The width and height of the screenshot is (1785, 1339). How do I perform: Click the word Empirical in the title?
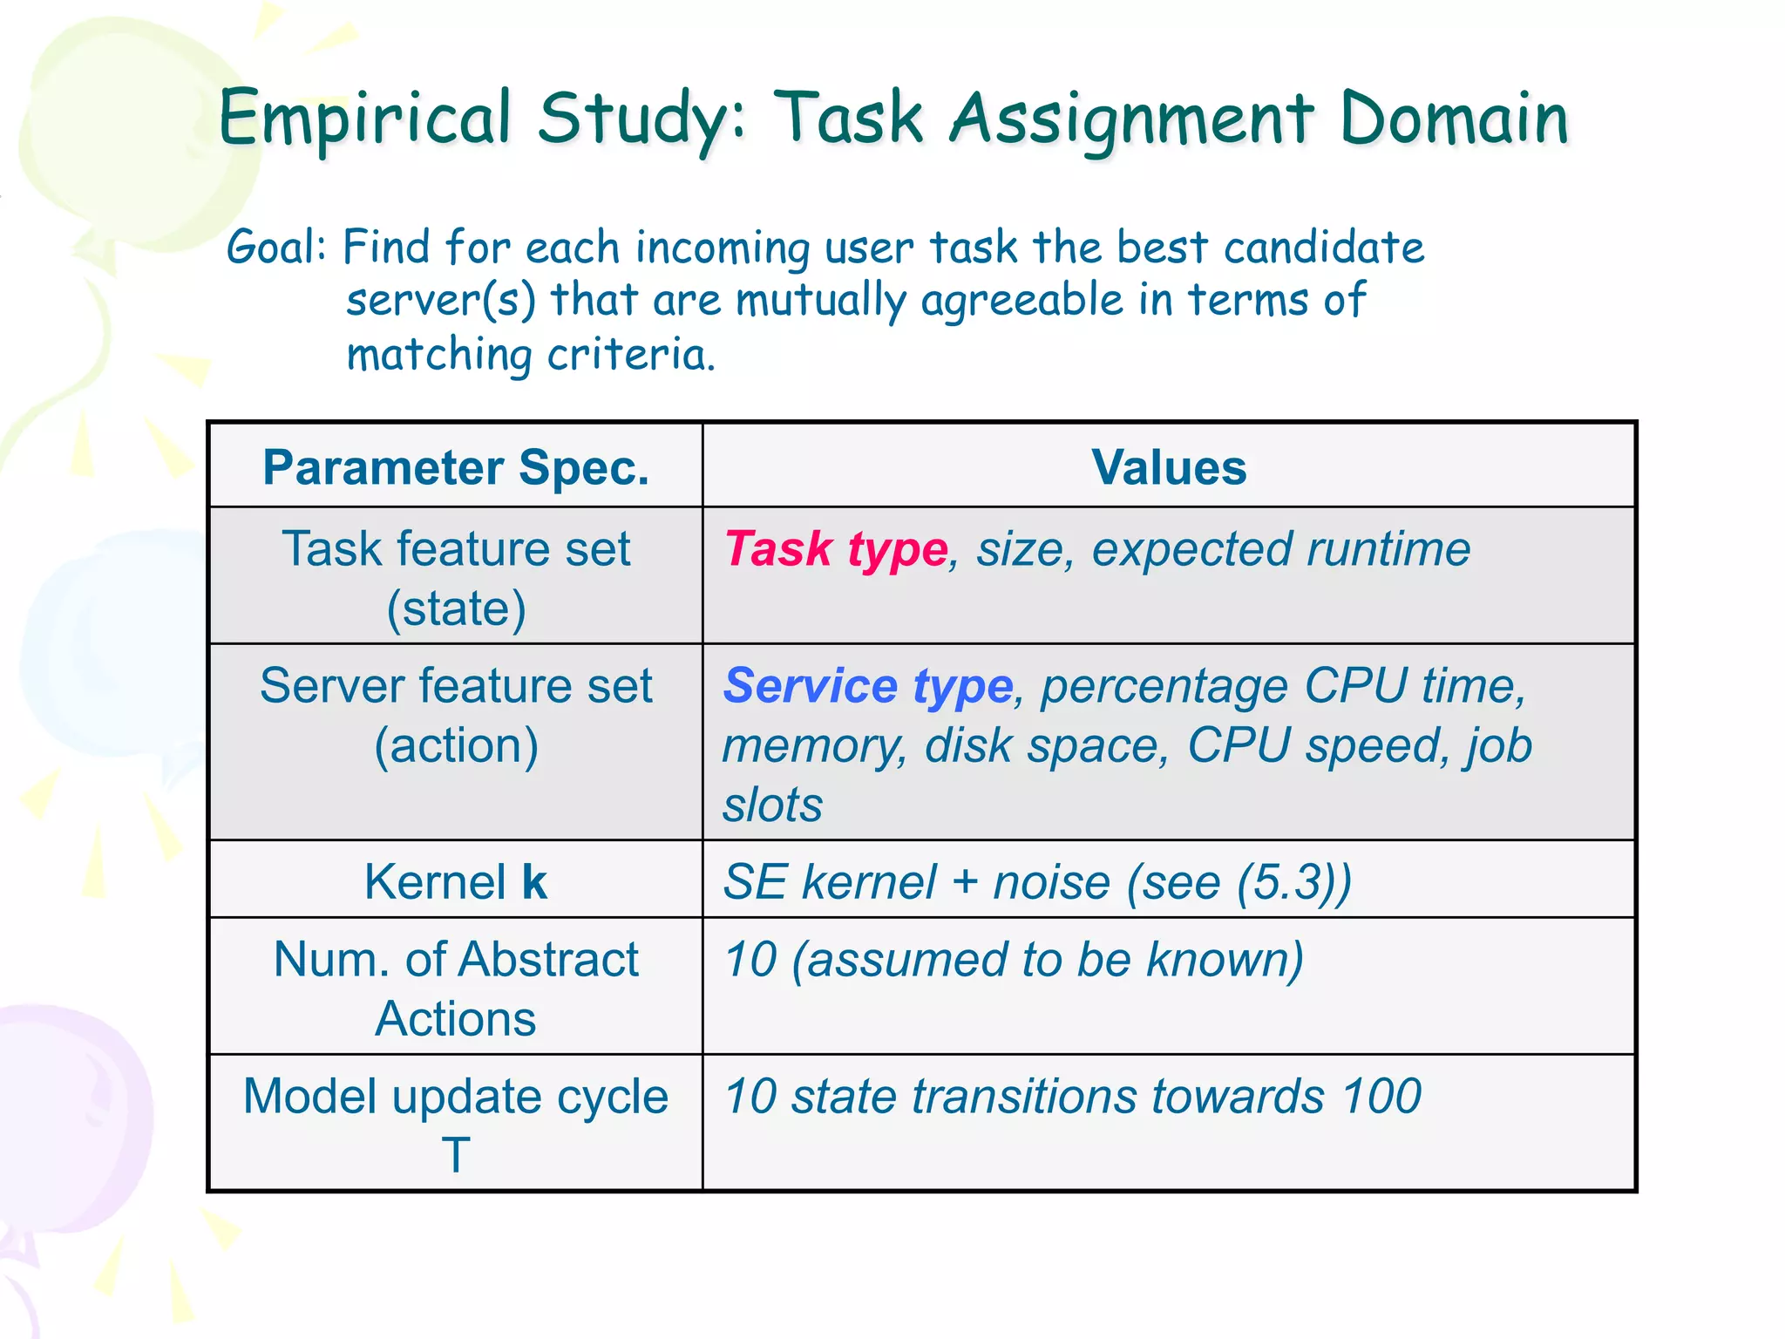coord(364,119)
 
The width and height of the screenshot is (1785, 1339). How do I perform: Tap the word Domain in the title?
coord(1454,119)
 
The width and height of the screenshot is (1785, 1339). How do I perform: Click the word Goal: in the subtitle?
coord(276,247)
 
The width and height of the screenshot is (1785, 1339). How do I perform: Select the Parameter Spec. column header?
coord(456,467)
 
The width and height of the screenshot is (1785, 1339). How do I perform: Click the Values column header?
coord(1168,467)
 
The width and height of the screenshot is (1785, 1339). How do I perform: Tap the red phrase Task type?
coord(836,549)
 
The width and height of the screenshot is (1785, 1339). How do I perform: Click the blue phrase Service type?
coord(868,686)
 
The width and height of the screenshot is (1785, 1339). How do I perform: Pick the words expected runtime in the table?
coord(1280,549)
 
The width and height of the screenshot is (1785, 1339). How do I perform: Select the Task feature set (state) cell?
coord(456,577)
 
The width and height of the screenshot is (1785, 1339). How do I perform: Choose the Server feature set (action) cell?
coord(456,715)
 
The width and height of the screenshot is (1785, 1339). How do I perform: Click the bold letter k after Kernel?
coord(534,882)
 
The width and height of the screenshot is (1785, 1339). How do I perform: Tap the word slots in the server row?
coord(772,805)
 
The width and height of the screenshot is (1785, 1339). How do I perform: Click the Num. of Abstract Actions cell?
coord(456,989)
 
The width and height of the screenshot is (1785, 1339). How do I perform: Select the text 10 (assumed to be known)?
coord(1014,960)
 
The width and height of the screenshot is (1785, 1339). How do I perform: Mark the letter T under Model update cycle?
coord(455,1155)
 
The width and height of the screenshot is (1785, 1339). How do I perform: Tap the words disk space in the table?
coord(1046,746)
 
